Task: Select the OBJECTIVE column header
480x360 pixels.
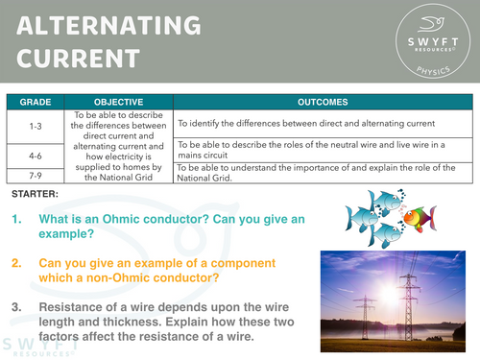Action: [x=119, y=101]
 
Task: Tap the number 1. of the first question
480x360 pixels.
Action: [x=17, y=220]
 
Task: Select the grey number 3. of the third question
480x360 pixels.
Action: [x=17, y=307]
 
